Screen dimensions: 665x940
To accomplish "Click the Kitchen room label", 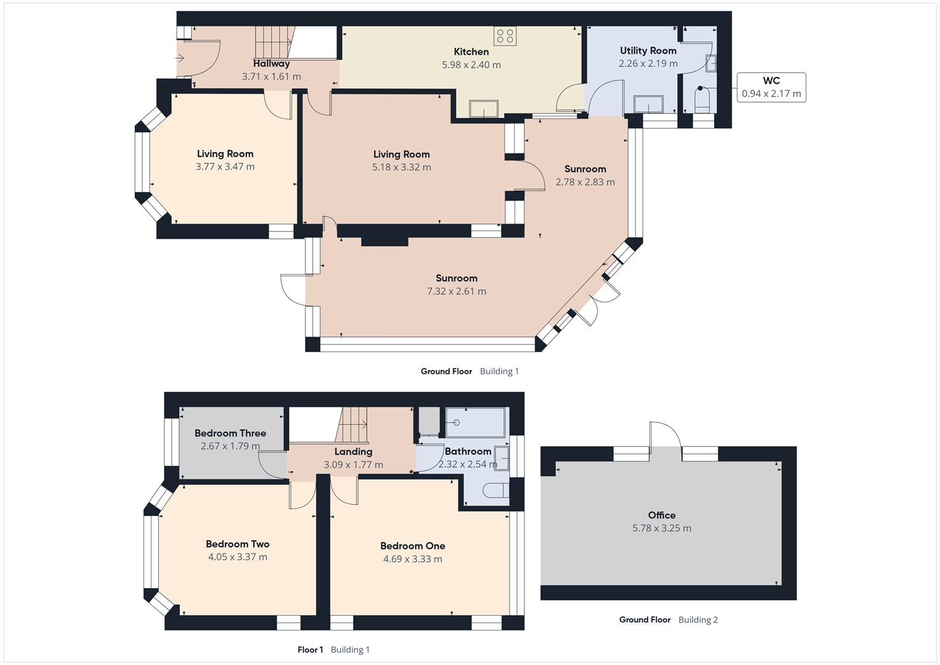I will [x=471, y=52].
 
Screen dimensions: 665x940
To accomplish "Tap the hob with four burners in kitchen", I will [x=505, y=36].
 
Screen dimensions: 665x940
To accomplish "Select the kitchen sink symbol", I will [x=484, y=108].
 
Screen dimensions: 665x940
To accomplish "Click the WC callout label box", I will [x=771, y=87].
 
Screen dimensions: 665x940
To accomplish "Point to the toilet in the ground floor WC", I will [x=702, y=99].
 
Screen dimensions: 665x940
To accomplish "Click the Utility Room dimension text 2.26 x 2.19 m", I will [x=648, y=63].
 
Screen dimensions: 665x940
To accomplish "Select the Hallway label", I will [x=271, y=63].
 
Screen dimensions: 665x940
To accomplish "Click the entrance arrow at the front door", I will [x=180, y=58].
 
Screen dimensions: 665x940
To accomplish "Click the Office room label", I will [x=661, y=515].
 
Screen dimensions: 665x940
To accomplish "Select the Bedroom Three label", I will [x=230, y=433].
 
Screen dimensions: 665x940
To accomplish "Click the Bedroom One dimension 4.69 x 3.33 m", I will [x=412, y=559].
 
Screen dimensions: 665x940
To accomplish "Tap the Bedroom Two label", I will [x=237, y=544].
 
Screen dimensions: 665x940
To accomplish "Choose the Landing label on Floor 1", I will [x=353, y=451].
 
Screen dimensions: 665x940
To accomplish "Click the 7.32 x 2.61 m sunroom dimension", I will [x=456, y=291].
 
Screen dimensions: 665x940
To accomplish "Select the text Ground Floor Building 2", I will [x=668, y=619].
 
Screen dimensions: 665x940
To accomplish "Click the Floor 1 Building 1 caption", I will [x=333, y=650].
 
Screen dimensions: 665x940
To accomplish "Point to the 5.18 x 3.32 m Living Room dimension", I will [x=401, y=167].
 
